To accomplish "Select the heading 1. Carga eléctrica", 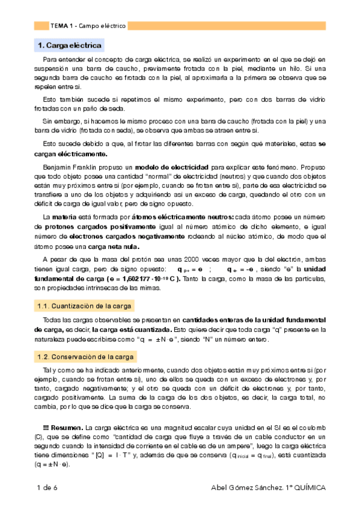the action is [x=70, y=46].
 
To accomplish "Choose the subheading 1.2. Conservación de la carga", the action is [x=78, y=357].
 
